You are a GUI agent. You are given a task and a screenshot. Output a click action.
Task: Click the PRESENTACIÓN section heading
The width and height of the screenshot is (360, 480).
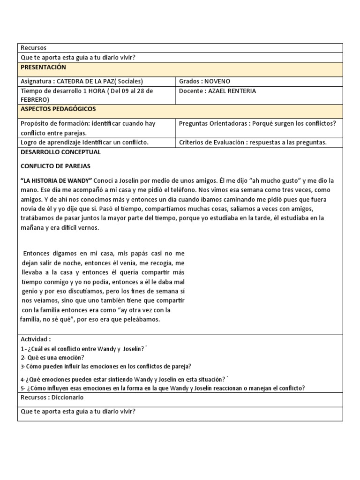tap(44, 67)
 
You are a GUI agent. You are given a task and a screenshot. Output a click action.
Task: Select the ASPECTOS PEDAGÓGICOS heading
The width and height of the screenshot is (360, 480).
tap(58, 109)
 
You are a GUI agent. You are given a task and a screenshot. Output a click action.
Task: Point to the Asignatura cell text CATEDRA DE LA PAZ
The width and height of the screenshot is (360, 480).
tap(99, 81)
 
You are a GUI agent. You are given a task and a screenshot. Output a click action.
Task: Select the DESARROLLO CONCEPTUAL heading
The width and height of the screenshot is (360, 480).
tap(60, 152)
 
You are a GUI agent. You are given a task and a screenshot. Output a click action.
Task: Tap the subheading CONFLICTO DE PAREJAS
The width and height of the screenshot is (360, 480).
tap(55, 166)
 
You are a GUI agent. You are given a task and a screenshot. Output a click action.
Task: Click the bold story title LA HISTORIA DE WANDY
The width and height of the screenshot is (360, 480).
tap(56, 180)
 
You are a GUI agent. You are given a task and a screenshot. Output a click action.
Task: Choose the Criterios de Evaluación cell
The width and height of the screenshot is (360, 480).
tap(253, 142)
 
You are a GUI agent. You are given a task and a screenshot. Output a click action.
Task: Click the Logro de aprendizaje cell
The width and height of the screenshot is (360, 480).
tap(84, 142)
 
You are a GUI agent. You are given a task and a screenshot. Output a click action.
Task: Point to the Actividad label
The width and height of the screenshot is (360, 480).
tap(36, 339)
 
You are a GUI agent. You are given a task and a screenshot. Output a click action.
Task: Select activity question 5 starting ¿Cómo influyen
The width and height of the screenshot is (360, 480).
tap(163, 388)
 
